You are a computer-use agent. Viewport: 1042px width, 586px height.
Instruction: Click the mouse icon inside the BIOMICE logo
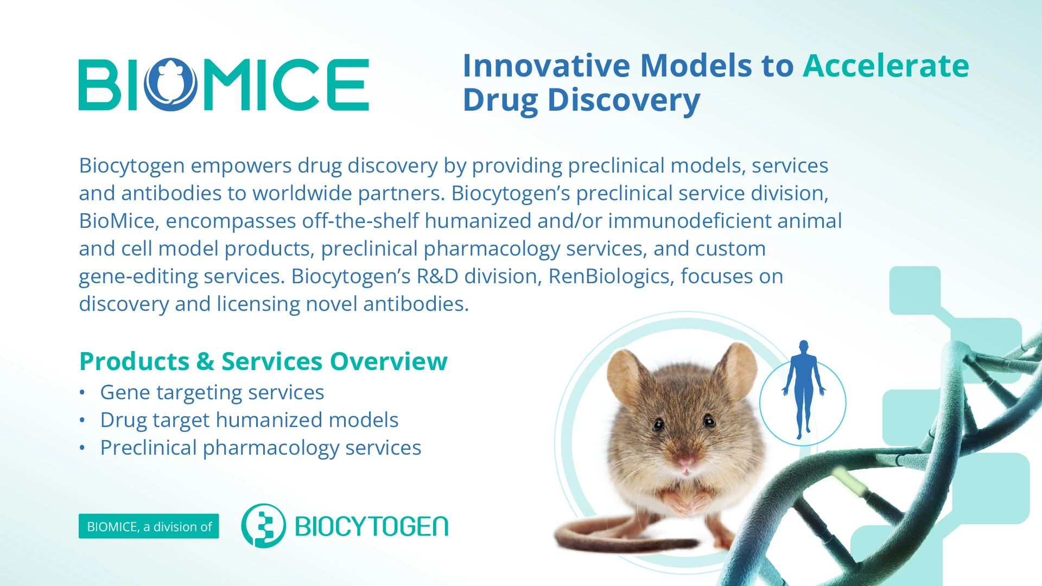(x=171, y=85)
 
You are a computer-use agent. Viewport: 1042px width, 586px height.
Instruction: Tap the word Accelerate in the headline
(x=886, y=66)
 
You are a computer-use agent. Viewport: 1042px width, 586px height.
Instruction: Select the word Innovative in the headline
(x=547, y=66)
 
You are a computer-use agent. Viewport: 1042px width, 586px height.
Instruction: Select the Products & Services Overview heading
(x=263, y=361)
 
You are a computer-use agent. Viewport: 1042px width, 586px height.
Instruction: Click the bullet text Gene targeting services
(x=212, y=392)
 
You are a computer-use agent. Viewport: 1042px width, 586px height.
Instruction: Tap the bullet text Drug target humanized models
(x=249, y=420)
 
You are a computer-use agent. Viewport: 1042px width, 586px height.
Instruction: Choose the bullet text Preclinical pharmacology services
(x=260, y=448)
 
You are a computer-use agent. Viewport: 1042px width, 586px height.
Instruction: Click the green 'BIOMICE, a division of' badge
(x=149, y=526)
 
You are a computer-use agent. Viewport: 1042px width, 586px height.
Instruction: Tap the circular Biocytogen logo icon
(x=263, y=526)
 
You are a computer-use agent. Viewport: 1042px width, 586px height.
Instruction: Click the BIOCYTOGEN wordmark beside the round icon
(x=372, y=526)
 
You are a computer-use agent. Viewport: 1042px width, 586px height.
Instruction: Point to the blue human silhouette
(x=803, y=390)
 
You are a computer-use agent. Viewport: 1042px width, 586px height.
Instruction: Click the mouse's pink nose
(x=685, y=462)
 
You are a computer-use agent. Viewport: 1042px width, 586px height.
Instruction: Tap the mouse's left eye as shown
(x=659, y=424)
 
